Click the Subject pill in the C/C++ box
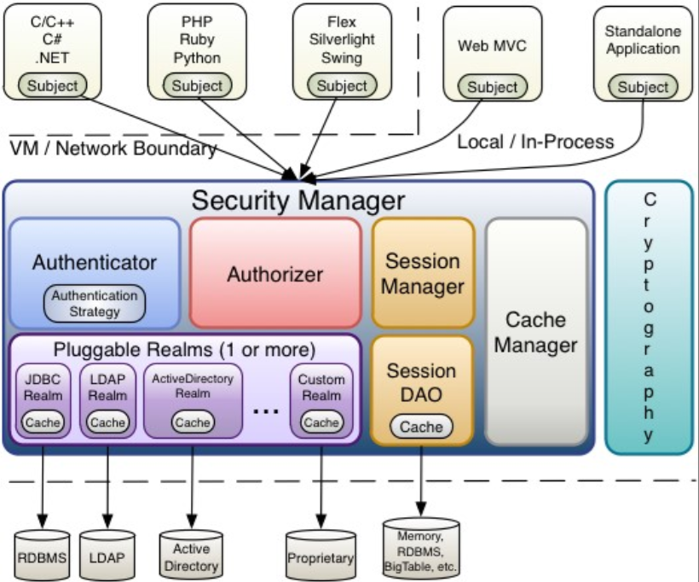tap(52, 85)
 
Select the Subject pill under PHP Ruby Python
tap(197, 85)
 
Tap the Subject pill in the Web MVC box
tap(492, 87)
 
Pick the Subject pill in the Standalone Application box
tap(643, 87)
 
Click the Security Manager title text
tap(298, 201)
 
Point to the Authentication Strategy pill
tap(95, 304)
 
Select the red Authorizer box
tap(274, 274)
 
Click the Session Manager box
tap(422, 273)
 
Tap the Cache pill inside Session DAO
tap(421, 427)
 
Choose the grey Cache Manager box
tap(535, 332)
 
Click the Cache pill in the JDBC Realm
tap(42, 422)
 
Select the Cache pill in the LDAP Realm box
tap(107, 422)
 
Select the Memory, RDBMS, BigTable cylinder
tap(421, 548)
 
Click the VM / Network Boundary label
tap(113, 148)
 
